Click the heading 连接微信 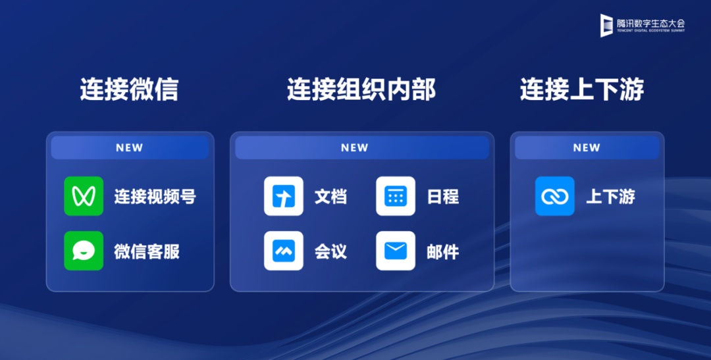coord(129,89)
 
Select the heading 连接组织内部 coord(361,89)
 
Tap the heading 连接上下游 coord(582,89)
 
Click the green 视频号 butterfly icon coord(84,196)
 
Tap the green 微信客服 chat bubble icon coord(84,251)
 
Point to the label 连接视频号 coord(155,196)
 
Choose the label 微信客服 coord(147,251)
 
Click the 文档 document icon coord(283,196)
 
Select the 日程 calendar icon coord(396,196)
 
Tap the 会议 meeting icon coord(283,251)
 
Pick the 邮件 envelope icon coord(396,251)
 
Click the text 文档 coord(330,196)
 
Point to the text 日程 coord(443,196)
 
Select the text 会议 coord(330,251)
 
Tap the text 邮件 coord(443,251)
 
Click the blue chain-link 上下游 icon coord(554,196)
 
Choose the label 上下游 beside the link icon coord(610,196)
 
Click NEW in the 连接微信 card coord(129,148)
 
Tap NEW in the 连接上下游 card coord(587,148)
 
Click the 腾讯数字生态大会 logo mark coord(606,26)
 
